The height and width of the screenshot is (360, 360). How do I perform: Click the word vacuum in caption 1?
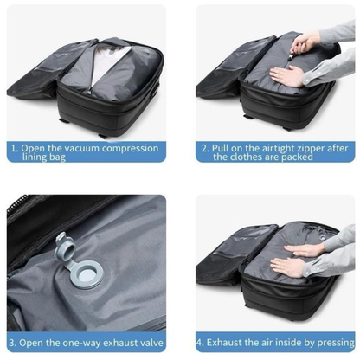tap(75, 148)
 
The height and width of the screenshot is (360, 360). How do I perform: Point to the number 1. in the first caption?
tap(14, 148)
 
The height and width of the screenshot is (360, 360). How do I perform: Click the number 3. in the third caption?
tap(15, 341)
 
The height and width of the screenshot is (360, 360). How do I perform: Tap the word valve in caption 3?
tap(151, 341)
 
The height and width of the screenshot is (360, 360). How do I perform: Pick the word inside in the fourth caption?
tap(287, 341)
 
